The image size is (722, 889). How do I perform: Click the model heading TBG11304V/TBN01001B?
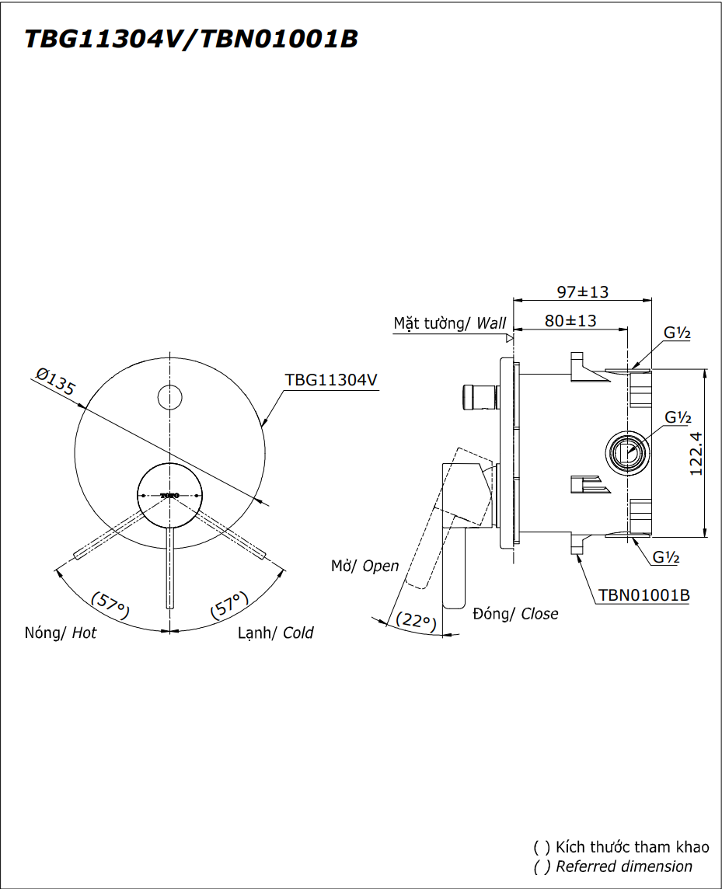191,39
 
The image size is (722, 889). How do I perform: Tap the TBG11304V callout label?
331,379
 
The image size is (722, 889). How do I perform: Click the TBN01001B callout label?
644,595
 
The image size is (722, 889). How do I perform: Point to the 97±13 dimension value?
582,292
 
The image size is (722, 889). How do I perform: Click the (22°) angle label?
417,621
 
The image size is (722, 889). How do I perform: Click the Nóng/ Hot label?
61,633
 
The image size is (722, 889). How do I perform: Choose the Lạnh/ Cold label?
276,633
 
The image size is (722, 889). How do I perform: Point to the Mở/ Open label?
364,566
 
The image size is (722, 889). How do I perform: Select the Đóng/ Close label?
515,613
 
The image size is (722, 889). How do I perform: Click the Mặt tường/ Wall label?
449,323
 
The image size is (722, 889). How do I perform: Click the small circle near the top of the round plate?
169,396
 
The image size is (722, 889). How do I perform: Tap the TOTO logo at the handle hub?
169,495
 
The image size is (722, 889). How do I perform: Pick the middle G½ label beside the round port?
678,418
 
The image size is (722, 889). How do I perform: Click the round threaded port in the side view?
626,451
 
